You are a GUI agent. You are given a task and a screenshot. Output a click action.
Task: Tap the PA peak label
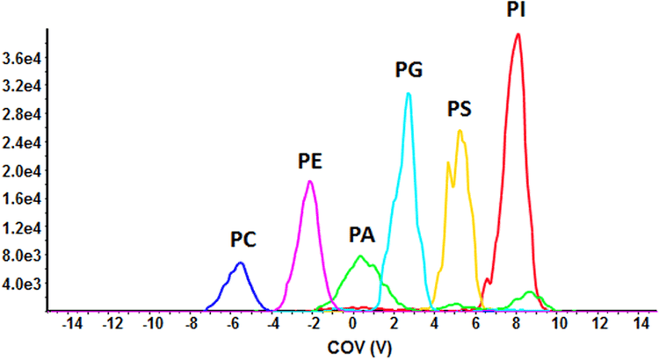363,235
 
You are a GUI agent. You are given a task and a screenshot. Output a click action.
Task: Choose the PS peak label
460,109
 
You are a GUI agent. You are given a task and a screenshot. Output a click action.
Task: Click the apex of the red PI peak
518,34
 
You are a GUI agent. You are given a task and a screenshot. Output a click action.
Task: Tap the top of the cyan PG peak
409,93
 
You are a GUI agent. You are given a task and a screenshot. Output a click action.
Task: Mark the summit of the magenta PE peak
310,181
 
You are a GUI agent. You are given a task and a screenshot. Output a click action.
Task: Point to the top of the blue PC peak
240,263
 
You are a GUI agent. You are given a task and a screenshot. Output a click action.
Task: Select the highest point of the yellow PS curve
460,131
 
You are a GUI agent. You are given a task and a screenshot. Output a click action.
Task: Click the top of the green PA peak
361,256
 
